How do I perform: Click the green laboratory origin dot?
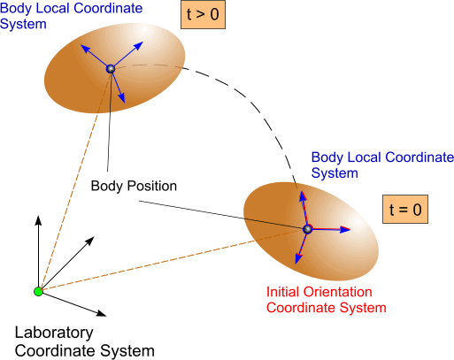(38, 291)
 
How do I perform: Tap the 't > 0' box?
(203, 14)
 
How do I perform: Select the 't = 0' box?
(405, 209)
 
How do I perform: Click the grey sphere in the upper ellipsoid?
(111, 69)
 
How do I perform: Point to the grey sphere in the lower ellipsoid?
(307, 229)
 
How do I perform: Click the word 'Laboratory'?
(54, 333)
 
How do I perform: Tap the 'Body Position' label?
(134, 186)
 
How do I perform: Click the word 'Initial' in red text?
(282, 292)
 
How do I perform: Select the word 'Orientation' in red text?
(337, 292)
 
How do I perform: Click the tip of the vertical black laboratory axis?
(38, 216)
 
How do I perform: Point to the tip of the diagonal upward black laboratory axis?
(94, 237)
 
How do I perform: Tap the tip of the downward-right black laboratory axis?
(106, 316)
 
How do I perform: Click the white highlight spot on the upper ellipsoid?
(143, 29)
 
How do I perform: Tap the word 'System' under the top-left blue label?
(23, 24)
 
